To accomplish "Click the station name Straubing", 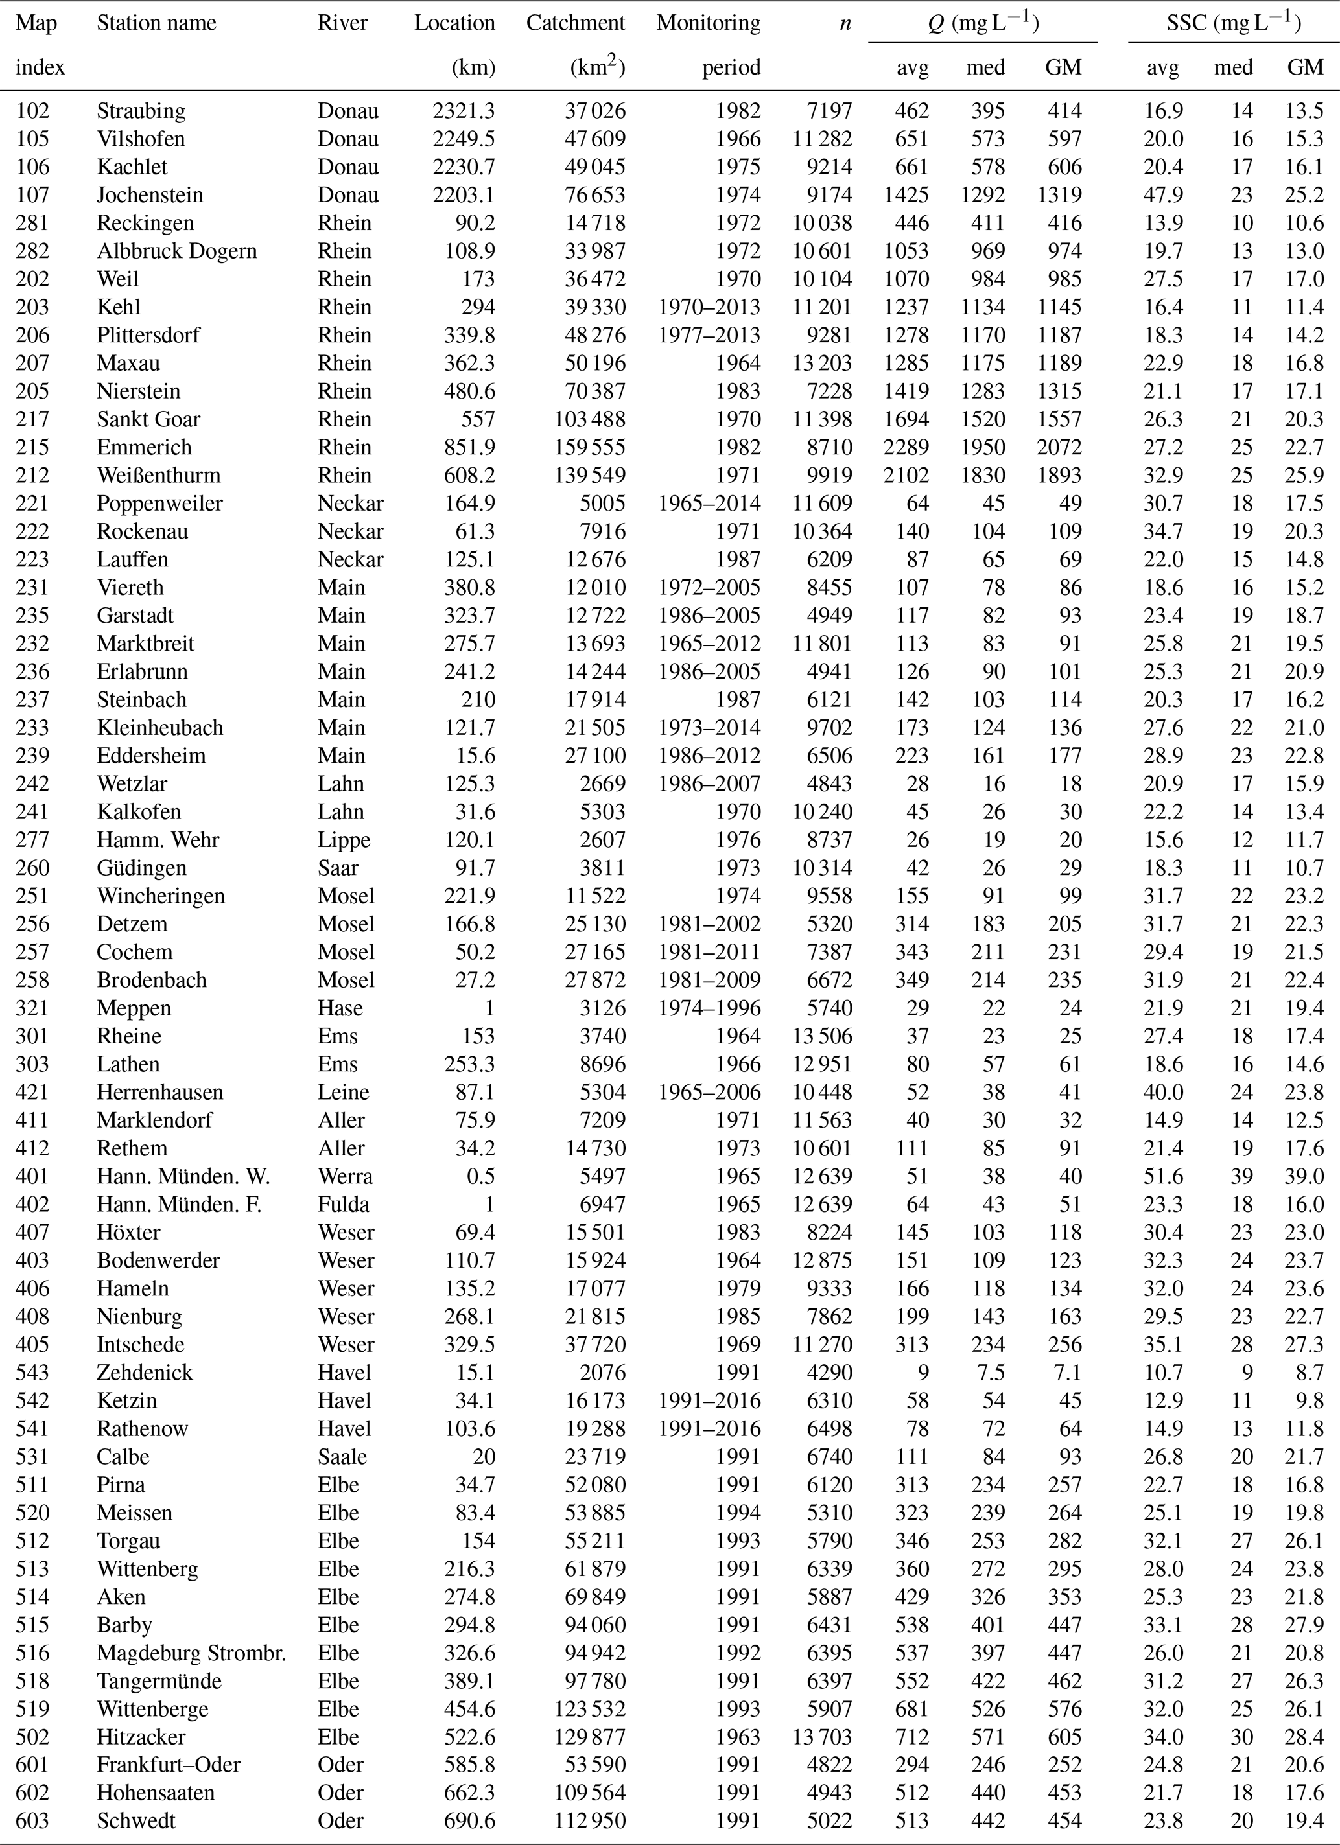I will click(141, 111).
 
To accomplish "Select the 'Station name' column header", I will click(156, 23).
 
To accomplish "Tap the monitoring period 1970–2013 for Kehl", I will click(709, 307).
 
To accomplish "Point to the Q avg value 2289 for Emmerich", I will click(906, 447).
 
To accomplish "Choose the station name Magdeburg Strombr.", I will click(191, 1653).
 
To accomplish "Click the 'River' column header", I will click(342, 23).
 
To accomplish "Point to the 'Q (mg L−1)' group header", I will click(983, 23).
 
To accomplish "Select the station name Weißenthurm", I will click(159, 475).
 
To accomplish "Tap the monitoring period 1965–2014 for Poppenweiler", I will click(709, 504).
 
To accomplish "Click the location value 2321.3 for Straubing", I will click(464, 111).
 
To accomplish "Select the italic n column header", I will click(845, 23).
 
